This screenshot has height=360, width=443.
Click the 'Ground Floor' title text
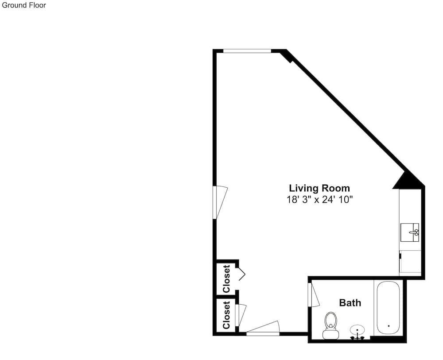[x=24, y=5]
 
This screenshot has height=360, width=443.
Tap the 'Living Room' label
[x=319, y=188]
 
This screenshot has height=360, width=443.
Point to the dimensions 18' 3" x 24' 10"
[x=320, y=200]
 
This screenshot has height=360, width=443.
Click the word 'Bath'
[x=350, y=303]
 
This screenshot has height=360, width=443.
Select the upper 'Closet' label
[x=226, y=279]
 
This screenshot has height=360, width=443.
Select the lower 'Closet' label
[x=226, y=315]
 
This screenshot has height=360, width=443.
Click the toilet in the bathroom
[x=331, y=325]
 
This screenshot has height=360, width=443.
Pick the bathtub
[x=389, y=308]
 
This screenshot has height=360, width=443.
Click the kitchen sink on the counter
[x=410, y=232]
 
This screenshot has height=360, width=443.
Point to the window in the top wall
[x=247, y=51]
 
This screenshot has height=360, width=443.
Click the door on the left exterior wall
[x=220, y=202]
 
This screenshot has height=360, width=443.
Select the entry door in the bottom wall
[x=263, y=329]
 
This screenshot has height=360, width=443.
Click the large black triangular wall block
[x=407, y=181]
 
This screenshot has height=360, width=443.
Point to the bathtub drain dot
[x=389, y=326]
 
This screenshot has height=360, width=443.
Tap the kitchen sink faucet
[x=414, y=232]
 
